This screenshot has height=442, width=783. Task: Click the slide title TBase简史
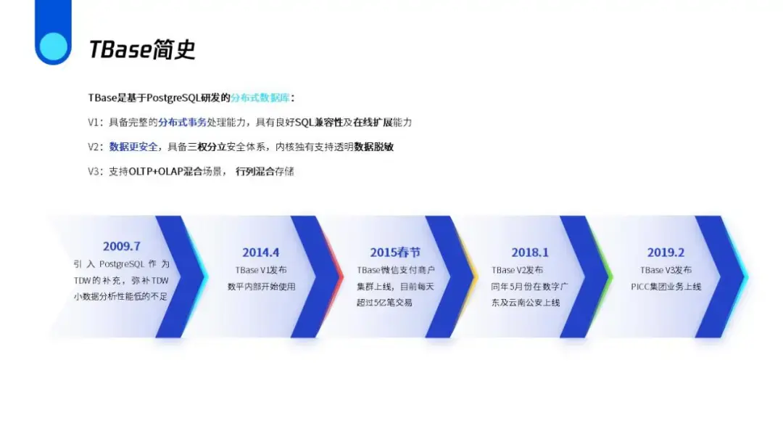pyautogui.click(x=142, y=49)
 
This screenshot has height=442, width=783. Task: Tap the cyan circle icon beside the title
pyautogui.click(x=53, y=45)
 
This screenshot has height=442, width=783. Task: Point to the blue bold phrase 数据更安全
pyautogui.click(x=133, y=147)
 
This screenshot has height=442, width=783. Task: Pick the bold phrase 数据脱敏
pyautogui.click(x=373, y=147)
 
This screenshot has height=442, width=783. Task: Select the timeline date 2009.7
pyautogui.click(x=121, y=246)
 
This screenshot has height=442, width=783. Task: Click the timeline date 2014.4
pyautogui.click(x=261, y=252)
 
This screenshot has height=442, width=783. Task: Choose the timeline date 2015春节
pyautogui.click(x=394, y=252)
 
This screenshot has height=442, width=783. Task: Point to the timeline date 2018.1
pyautogui.click(x=530, y=252)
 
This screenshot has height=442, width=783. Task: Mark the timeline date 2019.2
pyautogui.click(x=666, y=252)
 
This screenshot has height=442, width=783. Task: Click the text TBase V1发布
pyautogui.click(x=261, y=270)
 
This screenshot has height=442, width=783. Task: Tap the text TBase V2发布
pyautogui.click(x=517, y=270)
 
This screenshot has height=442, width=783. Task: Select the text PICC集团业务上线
pyautogui.click(x=666, y=287)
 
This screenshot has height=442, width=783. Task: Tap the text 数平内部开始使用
pyautogui.click(x=261, y=287)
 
